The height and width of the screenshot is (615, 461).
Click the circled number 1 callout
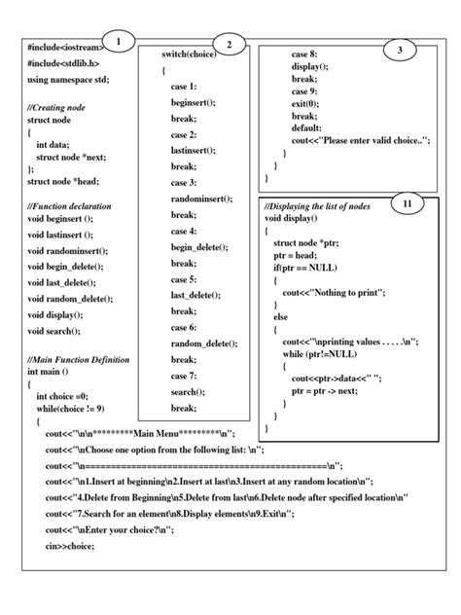pyautogui.click(x=118, y=41)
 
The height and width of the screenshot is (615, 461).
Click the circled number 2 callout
pyautogui.click(x=230, y=45)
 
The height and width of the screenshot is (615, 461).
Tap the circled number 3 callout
pyautogui.click(x=399, y=50)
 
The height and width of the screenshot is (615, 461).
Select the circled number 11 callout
pyautogui.click(x=407, y=203)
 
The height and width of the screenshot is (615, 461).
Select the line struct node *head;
pyautogui.click(x=63, y=181)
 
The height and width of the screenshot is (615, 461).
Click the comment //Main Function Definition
pyautogui.click(x=78, y=359)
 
